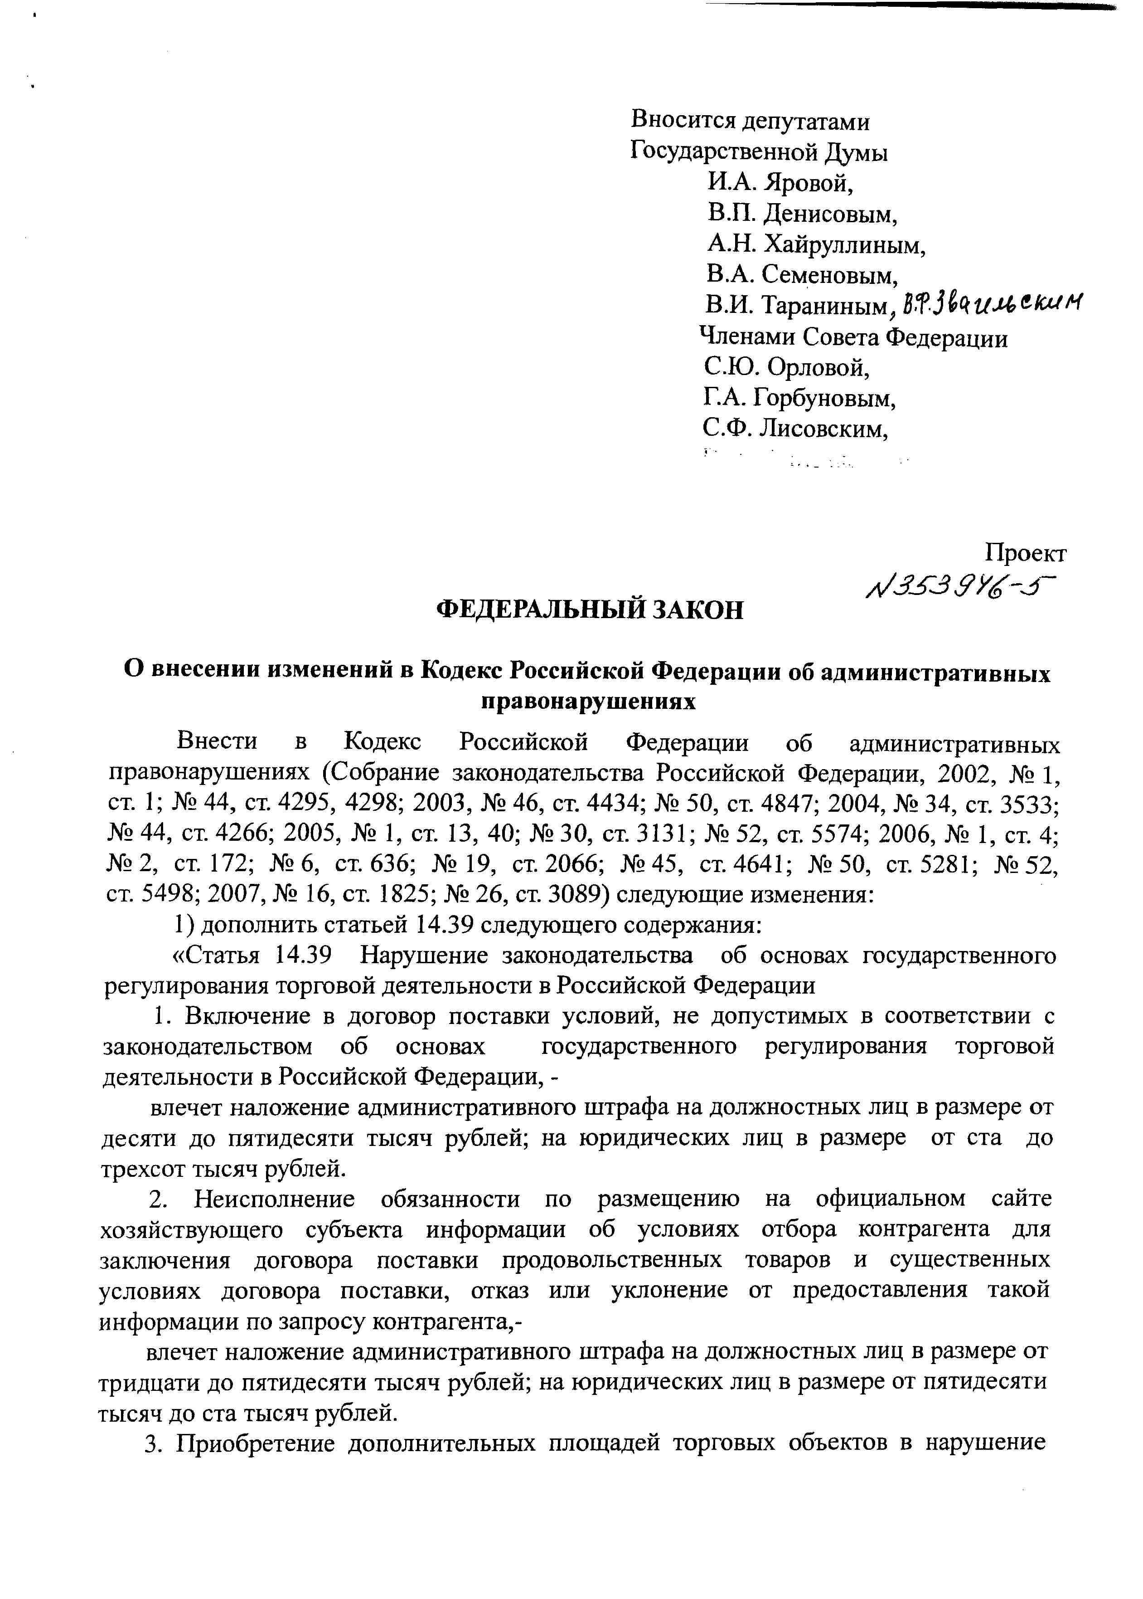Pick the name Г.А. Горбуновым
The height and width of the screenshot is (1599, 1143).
tap(799, 399)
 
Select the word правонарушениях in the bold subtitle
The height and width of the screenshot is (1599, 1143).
tap(588, 702)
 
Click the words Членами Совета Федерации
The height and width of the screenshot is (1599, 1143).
tap(853, 337)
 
